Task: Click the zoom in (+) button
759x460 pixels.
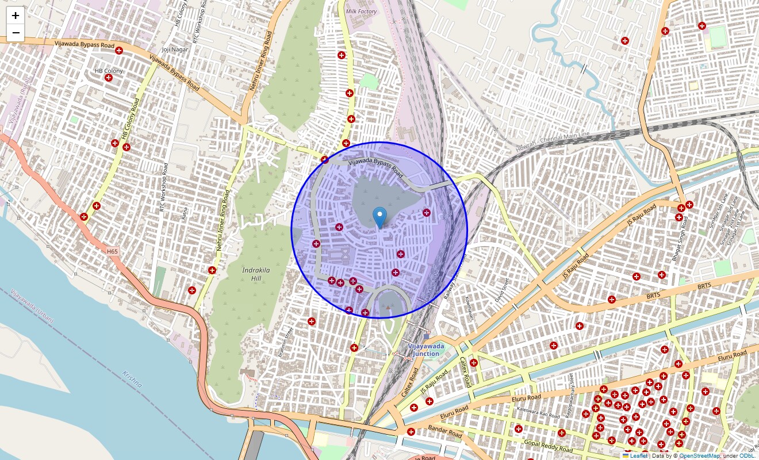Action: coord(16,16)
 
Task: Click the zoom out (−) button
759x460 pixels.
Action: coord(16,33)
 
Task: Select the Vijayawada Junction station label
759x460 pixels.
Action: coord(424,350)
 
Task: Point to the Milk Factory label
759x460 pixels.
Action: coord(361,11)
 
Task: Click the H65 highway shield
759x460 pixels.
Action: coord(112,251)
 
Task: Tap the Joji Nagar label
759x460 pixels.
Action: coord(175,49)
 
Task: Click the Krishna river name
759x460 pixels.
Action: coord(132,382)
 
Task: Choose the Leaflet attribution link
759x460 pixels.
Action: coord(638,456)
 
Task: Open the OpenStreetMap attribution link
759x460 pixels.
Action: coord(699,456)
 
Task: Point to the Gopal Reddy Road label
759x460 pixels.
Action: coord(548,445)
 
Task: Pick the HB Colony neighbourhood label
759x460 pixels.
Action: coord(109,71)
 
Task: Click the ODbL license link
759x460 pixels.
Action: coord(746,456)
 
